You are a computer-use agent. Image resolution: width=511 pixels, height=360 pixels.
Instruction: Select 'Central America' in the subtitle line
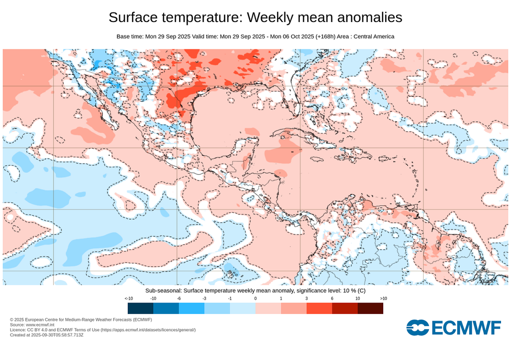pos(374,36)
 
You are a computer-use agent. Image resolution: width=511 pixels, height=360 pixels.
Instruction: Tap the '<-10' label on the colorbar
pos(128,298)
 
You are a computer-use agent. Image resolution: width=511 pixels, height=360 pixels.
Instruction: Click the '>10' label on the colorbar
pos(383,298)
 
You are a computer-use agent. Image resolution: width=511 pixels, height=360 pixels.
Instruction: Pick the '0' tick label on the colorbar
pos(255,298)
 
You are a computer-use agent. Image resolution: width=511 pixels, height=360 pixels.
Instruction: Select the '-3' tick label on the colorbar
pos(205,298)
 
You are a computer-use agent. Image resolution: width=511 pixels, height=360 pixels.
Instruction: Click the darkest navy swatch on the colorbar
pos(141,308)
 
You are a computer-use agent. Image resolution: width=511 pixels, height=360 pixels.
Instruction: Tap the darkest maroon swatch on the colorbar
pos(370,308)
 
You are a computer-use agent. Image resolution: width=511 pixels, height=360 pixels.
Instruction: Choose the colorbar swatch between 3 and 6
pos(319,308)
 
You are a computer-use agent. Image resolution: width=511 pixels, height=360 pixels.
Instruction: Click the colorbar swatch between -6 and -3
pos(192,308)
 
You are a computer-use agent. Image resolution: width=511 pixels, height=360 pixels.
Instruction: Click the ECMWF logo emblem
pos(418,328)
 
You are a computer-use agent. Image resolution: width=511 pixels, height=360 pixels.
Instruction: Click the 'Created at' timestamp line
pos(47,335)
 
